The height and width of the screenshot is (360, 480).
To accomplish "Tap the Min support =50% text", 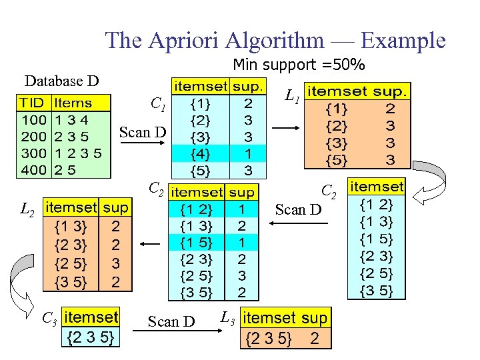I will click(298, 65).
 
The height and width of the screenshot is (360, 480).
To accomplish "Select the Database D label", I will click(61, 81).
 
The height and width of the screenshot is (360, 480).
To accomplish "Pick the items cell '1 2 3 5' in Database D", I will click(78, 153).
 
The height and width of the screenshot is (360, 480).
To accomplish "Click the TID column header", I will click(33, 103).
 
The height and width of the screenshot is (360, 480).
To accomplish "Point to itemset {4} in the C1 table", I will click(199, 153).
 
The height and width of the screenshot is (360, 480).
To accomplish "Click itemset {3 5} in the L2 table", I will click(71, 282).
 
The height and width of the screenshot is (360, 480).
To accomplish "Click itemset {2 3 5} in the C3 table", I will click(91, 338).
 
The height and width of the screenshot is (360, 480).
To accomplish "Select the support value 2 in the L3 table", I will click(315, 339).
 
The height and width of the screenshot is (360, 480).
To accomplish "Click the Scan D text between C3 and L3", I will click(171, 321).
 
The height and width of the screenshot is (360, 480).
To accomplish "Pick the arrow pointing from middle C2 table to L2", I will click(150, 244).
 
